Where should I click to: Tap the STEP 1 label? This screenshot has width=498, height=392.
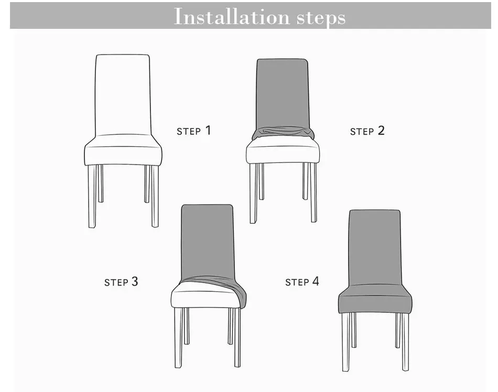pyautogui.click(x=193, y=130)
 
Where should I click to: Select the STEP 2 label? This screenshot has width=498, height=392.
pyautogui.click(x=367, y=131)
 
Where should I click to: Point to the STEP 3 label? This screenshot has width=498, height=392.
pyautogui.click(x=121, y=282)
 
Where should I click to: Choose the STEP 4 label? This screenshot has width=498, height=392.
pyautogui.click(x=302, y=282)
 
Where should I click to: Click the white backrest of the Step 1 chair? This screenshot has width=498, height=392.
pyautogui.click(x=123, y=94)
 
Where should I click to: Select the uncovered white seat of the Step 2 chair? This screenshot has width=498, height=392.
pyautogui.click(x=283, y=153)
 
